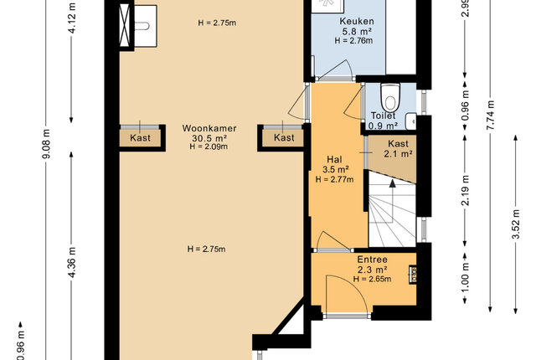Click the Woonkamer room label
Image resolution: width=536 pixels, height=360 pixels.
click(x=209, y=128)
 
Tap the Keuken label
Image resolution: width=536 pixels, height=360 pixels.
click(x=357, y=21)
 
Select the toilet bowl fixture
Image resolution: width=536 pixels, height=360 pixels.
click(x=390, y=96)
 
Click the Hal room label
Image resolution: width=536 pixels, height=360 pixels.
click(x=334, y=159)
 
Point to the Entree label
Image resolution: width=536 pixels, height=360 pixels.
click(x=372, y=260)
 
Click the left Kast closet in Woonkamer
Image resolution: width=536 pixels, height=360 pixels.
click(x=140, y=138)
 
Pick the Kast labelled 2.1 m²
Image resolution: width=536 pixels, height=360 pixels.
click(x=392, y=153)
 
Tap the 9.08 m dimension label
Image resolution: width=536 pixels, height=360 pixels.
click(x=47, y=144)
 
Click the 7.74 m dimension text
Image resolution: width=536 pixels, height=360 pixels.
click(x=490, y=115)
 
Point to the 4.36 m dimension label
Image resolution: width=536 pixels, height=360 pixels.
click(x=72, y=262)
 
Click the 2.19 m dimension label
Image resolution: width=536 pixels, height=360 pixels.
click(x=465, y=191)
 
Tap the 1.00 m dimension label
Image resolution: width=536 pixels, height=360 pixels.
click(x=465, y=278)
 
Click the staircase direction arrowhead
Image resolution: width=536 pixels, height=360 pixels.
click(x=393, y=183)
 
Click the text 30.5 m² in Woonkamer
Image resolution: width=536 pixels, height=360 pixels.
click(x=209, y=138)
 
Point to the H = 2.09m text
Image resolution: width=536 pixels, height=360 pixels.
click(x=209, y=147)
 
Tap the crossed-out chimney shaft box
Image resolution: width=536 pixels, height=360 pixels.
click(x=125, y=25)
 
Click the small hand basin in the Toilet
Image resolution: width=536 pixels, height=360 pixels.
click(x=411, y=121)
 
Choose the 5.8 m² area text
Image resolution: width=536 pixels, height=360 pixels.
click(x=358, y=32)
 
